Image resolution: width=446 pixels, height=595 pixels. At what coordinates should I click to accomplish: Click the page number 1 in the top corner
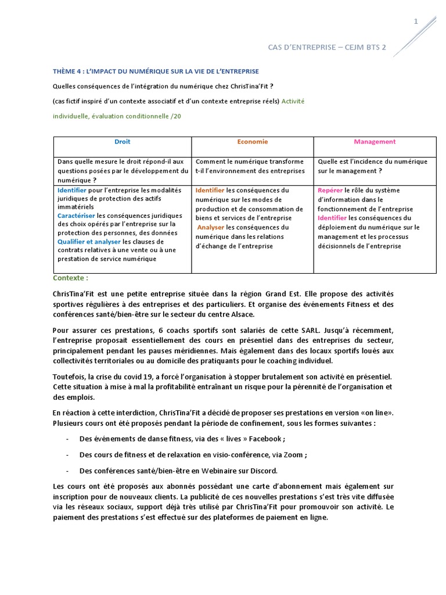[x=415, y=22]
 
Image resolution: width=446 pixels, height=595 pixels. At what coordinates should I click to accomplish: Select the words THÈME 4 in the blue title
[x=69, y=71]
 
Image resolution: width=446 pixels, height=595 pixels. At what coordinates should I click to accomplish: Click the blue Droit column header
[x=123, y=142]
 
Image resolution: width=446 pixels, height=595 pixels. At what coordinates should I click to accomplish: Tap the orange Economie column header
[x=253, y=142]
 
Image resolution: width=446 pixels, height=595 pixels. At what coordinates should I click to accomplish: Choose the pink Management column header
[x=375, y=142]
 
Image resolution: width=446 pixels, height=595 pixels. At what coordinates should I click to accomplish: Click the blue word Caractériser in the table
[x=76, y=216]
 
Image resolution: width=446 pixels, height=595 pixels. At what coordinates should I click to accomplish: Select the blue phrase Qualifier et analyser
[x=89, y=242]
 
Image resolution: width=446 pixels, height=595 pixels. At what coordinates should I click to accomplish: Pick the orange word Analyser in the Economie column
[x=210, y=228]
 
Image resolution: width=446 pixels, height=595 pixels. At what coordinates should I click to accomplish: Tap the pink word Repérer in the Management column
[x=330, y=191]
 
